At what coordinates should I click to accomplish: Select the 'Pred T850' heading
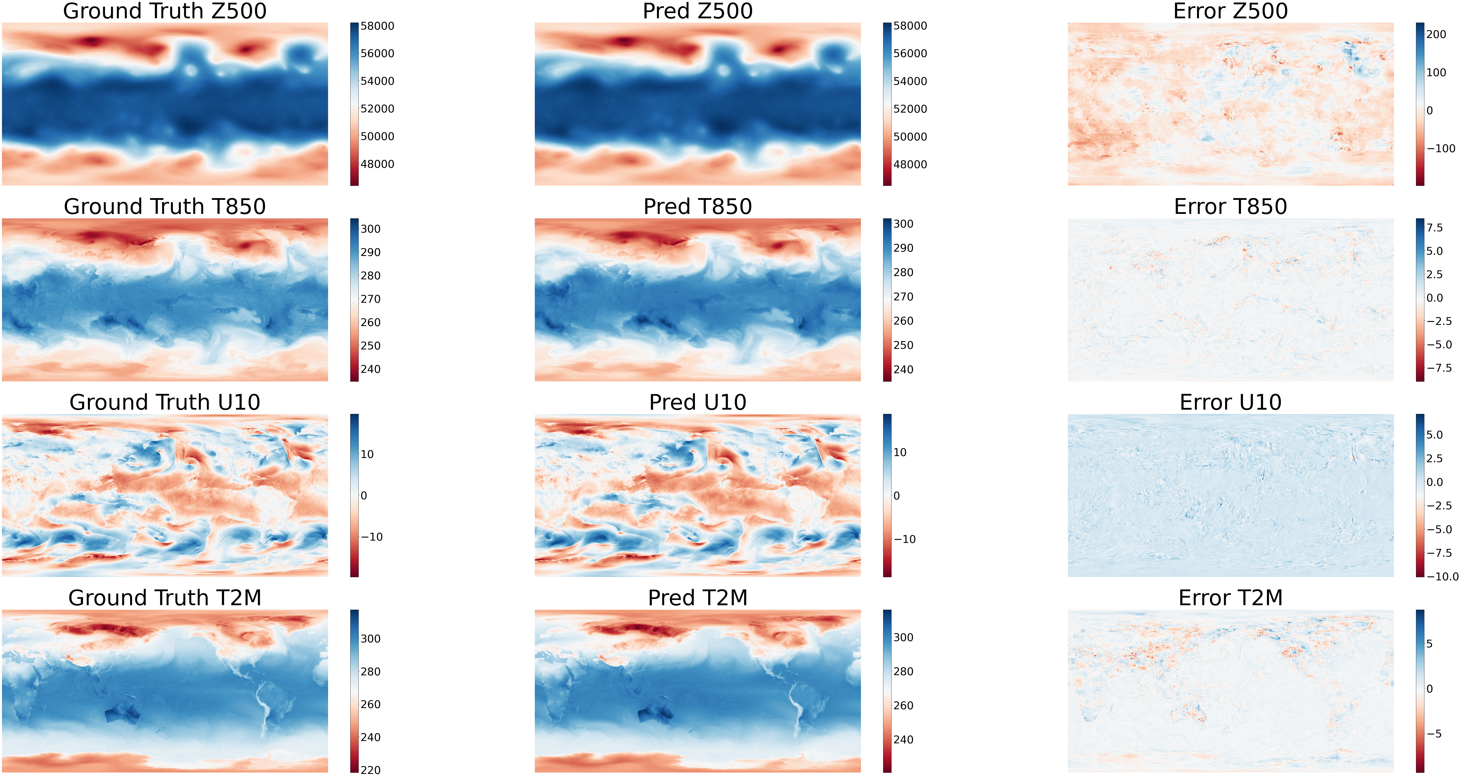[698, 206]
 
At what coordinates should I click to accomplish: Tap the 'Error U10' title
[1230, 402]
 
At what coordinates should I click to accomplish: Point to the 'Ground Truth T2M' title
[164, 598]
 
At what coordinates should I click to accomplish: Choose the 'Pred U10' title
[698, 402]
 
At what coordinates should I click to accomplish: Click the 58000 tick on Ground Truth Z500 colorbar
[377, 26]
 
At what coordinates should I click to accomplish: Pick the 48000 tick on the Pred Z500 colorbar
[910, 164]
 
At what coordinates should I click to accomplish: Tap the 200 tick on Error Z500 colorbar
[1436, 35]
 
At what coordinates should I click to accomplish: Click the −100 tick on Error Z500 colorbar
[1441, 149]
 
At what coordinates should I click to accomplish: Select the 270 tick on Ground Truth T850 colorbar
[370, 299]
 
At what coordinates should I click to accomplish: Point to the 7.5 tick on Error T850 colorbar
[1434, 228]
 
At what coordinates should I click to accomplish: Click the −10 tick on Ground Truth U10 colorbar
[372, 537]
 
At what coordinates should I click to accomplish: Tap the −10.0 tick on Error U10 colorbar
[1442, 577]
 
